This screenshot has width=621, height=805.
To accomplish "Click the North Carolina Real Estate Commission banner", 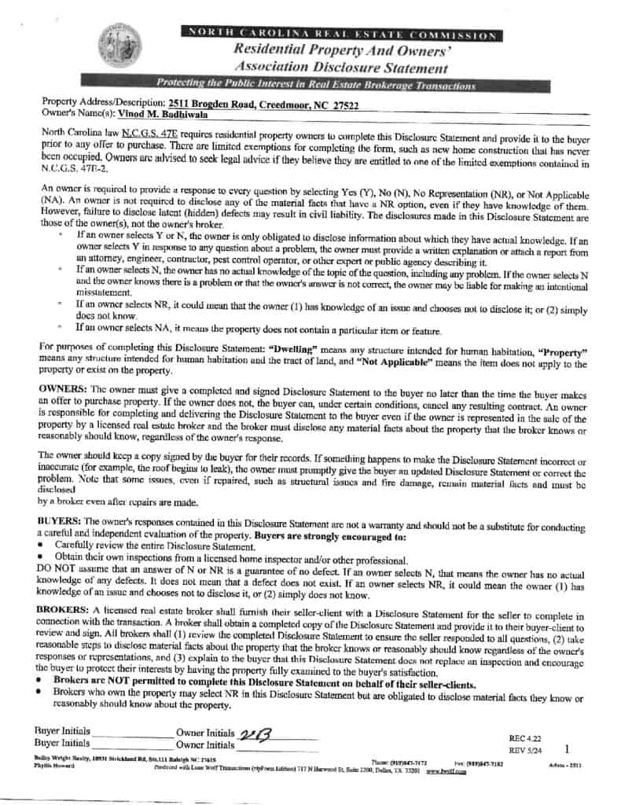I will coord(340,35).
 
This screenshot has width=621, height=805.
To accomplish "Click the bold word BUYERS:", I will coord(60,521).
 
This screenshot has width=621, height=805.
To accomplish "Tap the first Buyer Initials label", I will coord(62,731).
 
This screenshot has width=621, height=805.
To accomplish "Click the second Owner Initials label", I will coord(205,744).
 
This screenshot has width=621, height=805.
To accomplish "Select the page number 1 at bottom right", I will coord(567,750).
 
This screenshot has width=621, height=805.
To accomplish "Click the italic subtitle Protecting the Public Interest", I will coord(315,84).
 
